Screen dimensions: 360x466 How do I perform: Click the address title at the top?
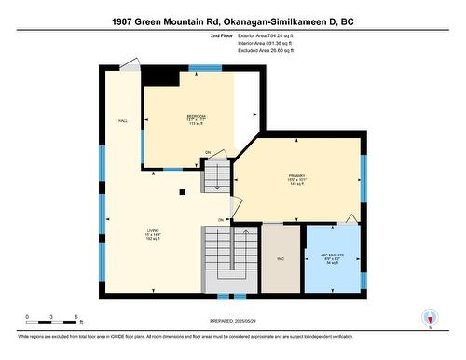click(232, 21)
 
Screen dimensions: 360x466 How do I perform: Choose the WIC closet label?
click(281, 259)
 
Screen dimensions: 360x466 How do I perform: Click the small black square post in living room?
click(183, 192)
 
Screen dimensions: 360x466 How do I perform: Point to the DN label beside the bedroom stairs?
click(209, 152)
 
